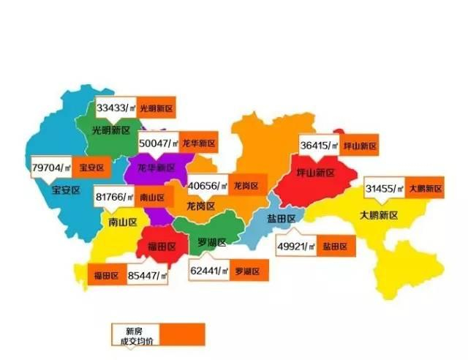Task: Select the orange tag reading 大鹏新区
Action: coord(425,189)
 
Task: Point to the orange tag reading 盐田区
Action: coord(336,247)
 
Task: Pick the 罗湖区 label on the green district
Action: coord(212,242)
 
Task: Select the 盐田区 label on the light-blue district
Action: coord(280,219)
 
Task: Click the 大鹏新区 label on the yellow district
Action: coord(378,215)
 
